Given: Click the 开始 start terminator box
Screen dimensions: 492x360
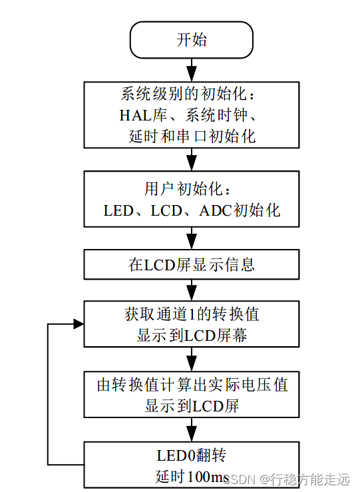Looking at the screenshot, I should (192, 39).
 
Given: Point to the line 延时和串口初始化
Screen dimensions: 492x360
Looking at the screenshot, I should (192, 136).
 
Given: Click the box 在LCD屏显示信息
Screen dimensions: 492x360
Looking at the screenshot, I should (192, 264).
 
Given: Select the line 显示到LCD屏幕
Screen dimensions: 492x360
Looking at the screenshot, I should (192, 336).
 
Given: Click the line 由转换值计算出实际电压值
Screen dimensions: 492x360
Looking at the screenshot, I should (192, 385).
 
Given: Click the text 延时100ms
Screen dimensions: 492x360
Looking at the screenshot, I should (192, 477).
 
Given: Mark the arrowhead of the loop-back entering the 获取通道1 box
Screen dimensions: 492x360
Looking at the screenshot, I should (79, 324).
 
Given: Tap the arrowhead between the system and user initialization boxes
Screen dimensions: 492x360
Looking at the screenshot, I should (192, 164).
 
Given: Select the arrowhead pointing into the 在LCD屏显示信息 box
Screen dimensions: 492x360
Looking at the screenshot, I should (192, 244).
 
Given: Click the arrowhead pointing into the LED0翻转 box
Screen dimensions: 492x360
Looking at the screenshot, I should (192, 436).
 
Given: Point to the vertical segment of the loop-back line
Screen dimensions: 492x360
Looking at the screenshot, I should (48, 393).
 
